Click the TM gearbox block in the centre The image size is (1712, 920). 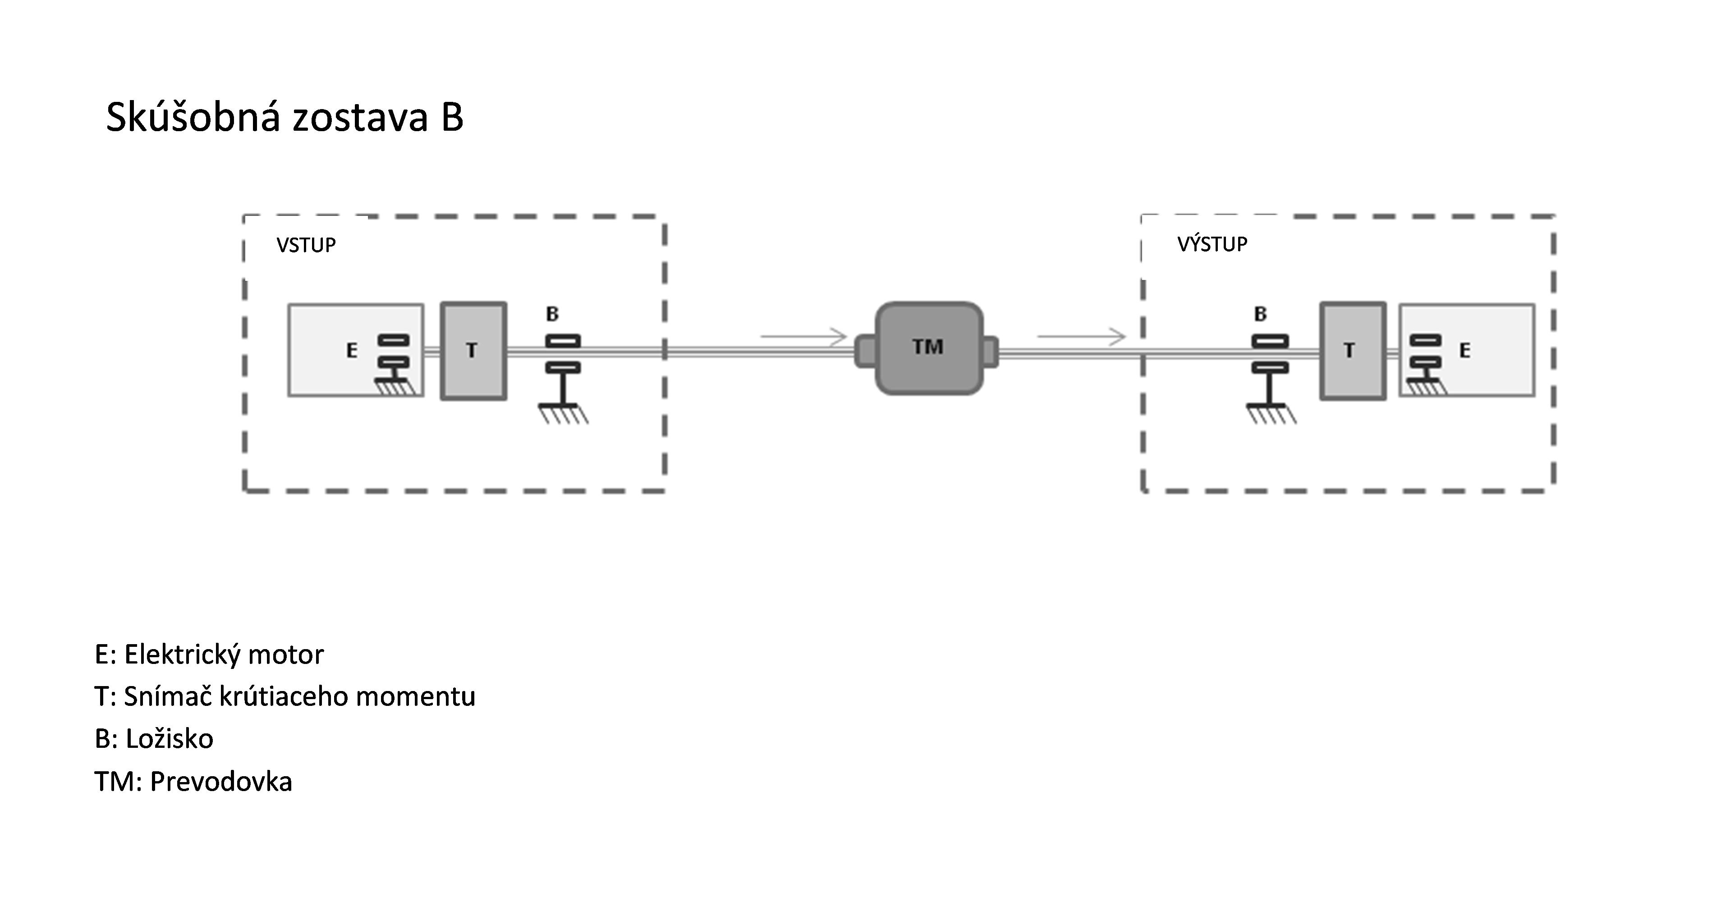(x=928, y=348)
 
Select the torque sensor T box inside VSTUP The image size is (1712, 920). (x=473, y=351)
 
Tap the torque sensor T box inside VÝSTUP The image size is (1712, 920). (x=1353, y=351)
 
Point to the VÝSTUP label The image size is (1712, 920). (x=1212, y=244)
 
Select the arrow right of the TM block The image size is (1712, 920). (x=1081, y=337)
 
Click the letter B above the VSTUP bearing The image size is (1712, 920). (x=552, y=314)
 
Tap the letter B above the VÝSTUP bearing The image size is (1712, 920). (x=1260, y=314)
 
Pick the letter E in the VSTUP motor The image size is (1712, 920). (x=352, y=350)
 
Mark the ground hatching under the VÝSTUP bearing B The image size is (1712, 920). (x=1271, y=415)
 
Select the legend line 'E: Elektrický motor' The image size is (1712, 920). (x=209, y=655)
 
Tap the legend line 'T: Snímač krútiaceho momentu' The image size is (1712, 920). (x=285, y=696)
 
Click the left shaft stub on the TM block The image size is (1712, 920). (x=865, y=352)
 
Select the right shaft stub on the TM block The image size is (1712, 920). (x=990, y=352)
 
